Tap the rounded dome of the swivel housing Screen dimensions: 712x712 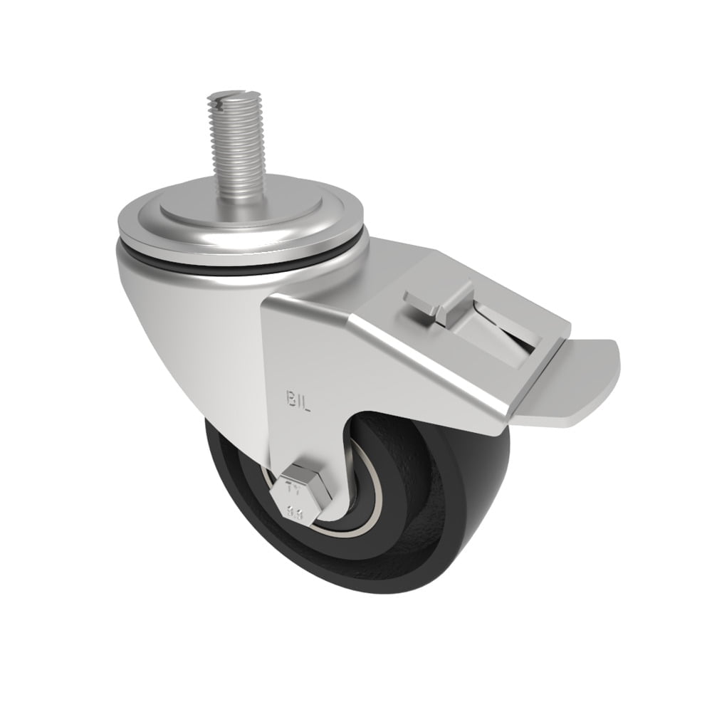[x=178, y=299]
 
